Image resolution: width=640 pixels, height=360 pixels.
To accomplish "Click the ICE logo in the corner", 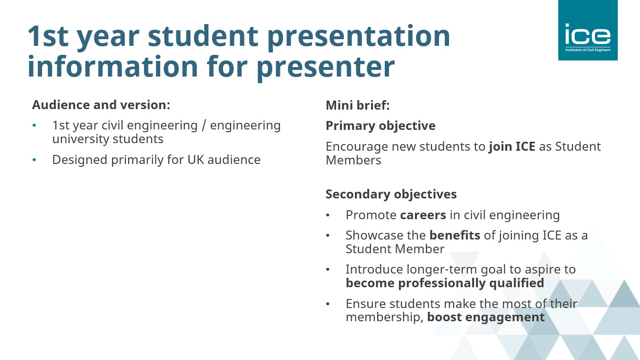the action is point(588,30).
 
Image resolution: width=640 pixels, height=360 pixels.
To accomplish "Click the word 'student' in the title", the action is point(203,36).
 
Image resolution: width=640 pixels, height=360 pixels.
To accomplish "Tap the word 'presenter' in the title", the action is point(326,69).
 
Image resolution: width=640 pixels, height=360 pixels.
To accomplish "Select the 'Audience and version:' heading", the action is point(101,105).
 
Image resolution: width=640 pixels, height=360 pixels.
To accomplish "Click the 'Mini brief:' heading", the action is point(358,105).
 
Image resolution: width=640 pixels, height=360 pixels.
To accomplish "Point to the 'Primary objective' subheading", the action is point(381,126).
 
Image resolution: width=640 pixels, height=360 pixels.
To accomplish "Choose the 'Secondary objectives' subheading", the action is point(391,195).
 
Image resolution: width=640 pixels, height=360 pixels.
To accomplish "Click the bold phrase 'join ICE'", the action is point(512,147).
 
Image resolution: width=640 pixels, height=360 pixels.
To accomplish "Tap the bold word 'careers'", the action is point(423,215).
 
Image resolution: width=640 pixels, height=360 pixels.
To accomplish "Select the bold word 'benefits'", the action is point(455,235).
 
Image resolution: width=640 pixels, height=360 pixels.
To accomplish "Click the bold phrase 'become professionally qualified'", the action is point(445,283).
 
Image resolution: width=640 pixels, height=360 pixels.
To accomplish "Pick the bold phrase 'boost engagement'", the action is point(486,317).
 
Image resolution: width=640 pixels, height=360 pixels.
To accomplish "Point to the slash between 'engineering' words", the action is point(204,126).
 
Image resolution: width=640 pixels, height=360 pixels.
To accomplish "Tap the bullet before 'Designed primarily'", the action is point(35,160).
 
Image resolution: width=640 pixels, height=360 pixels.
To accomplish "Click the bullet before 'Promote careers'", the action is point(328,215).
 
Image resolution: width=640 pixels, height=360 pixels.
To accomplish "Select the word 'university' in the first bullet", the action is point(81,139).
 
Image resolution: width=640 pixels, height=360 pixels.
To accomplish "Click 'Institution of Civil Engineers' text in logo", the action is point(588,50).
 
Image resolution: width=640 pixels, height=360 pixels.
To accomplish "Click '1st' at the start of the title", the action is point(48,36).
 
